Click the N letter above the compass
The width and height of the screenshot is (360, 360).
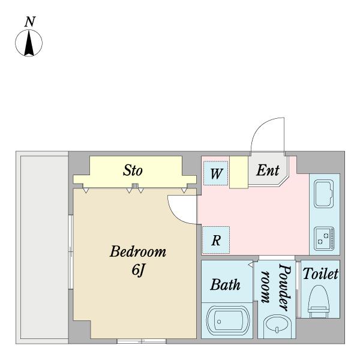tap(30, 22)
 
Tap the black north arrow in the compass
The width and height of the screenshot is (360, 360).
tap(29, 43)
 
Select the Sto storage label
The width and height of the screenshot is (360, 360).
tap(133, 170)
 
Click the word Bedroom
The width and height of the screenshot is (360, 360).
tap(138, 251)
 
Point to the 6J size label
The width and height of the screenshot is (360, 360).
tap(138, 269)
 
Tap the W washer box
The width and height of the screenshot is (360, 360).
tap(216, 173)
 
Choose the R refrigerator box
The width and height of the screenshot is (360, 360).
tap(216, 240)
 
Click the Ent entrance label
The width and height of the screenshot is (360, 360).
tap(268, 170)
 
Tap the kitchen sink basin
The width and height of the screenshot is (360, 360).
tap(324, 194)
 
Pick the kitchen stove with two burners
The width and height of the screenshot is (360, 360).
tap(324, 239)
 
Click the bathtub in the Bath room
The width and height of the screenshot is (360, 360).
tap(228, 319)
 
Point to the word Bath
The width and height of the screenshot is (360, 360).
tap(225, 285)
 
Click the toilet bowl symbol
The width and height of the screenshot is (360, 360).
tap(318, 301)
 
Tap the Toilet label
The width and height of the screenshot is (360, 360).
tap(320, 274)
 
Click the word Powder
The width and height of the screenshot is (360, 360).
tap(285, 287)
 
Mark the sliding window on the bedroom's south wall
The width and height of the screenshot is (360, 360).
tap(142, 341)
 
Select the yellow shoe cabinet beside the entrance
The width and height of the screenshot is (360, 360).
tap(239, 172)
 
